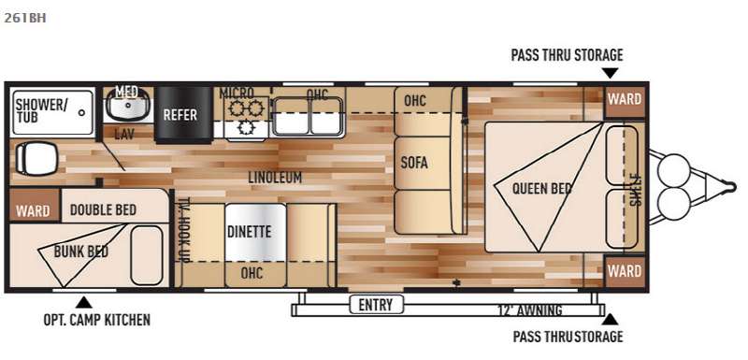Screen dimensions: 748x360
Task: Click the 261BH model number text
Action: coord(25,19)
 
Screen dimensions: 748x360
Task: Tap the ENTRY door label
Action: coord(376,304)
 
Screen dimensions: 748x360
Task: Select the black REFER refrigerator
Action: coord(183,114)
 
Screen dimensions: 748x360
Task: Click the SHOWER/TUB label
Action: coord(41,110)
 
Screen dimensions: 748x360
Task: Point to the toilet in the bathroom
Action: coord(36,159)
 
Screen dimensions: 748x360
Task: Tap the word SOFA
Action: coord(414,163)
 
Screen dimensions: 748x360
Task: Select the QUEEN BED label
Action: coord(542,189)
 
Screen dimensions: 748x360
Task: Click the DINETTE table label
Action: coord(249,232)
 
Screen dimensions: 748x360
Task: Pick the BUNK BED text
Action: coord(81,252)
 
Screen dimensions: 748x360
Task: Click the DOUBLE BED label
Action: coord(103,209)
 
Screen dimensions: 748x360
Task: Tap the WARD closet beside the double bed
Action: coord(33,210)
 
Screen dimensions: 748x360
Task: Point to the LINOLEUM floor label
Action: coord(275,178)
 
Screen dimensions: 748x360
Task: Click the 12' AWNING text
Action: coord(528,310)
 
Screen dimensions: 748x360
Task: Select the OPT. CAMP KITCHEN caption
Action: coord(97,320)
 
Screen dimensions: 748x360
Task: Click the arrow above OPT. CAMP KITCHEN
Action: coord(84,302)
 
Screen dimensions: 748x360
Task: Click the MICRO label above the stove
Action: coord(237,93)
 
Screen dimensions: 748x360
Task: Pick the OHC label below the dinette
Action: coord(252,273)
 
